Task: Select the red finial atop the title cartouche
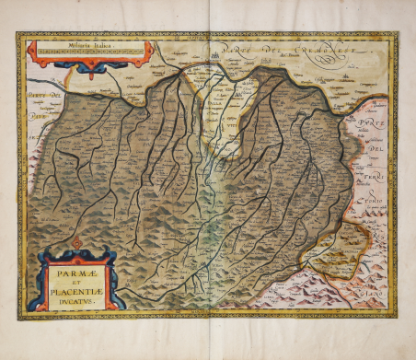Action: click(x=77, y=241)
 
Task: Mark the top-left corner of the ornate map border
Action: click(x=17, y=34)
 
